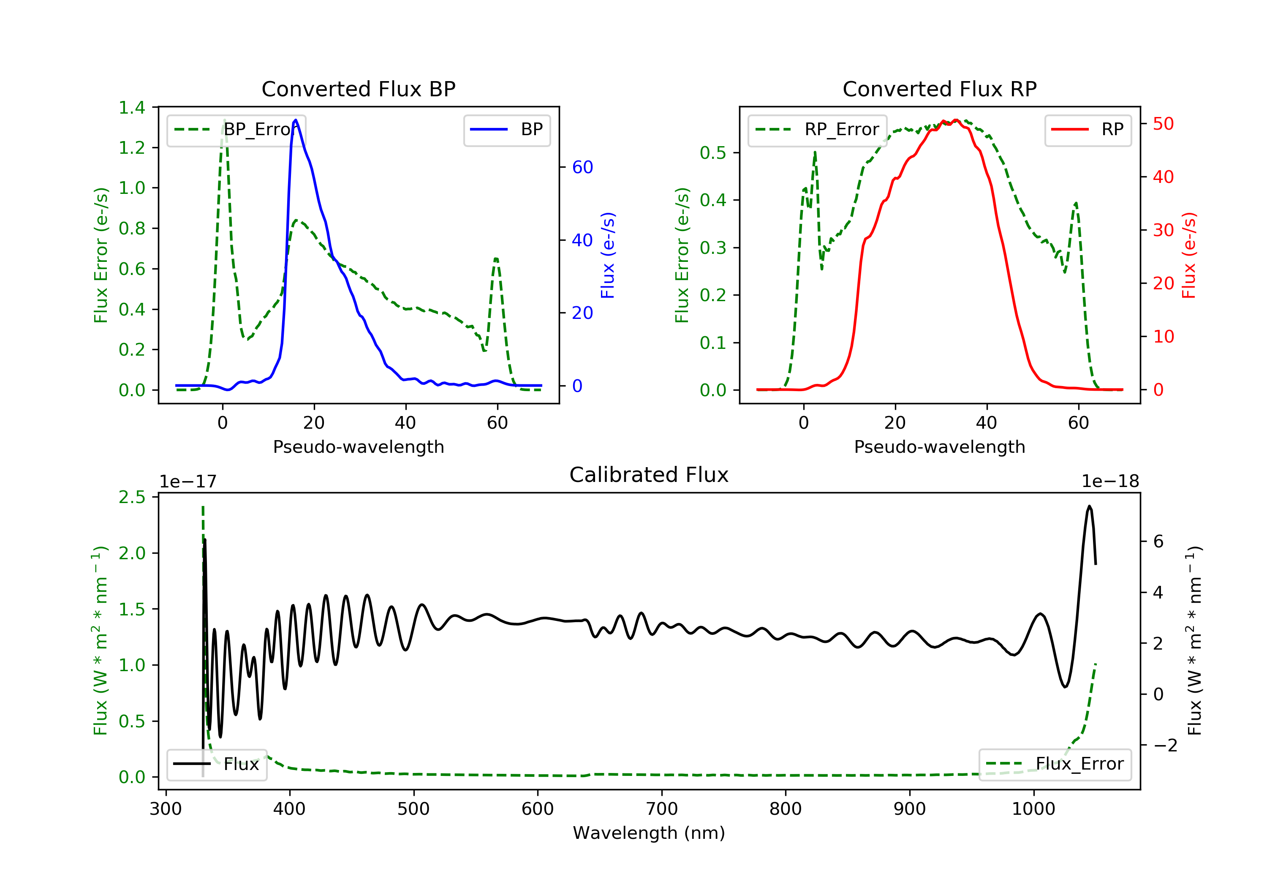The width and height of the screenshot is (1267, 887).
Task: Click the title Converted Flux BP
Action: click(x=359, y=89)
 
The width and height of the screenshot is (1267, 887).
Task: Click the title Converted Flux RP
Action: click(x=940, y=89)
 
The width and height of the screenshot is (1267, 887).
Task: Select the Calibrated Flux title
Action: click(x=649, y=475)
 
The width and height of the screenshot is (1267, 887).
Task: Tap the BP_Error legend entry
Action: click(x=236, y=130)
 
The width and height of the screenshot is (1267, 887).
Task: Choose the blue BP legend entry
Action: click(x=506, y=130)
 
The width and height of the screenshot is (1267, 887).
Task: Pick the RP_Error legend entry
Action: click(x=817, y=130)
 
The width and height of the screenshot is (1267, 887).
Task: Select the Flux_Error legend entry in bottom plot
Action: click(x=1055, y=764)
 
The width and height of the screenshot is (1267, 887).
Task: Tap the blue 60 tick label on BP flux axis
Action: click(x=582, y=167)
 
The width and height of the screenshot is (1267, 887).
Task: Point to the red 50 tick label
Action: click(x=1163, y=124)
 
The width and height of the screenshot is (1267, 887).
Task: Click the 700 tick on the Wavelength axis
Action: click(x=662, y=809)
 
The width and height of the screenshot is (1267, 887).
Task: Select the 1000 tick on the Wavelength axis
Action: click(x=1033, y=809)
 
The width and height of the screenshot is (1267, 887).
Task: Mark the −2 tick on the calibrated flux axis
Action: click(x=1165, y=746)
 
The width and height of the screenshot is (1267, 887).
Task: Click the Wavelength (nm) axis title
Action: click(x=649, y=833)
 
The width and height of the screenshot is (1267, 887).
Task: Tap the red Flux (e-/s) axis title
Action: click(x=1189, y=255)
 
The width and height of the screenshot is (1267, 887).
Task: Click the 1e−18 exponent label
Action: click(x=1110, y=482)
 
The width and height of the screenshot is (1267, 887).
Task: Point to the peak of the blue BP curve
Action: click(x=296, y=120)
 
